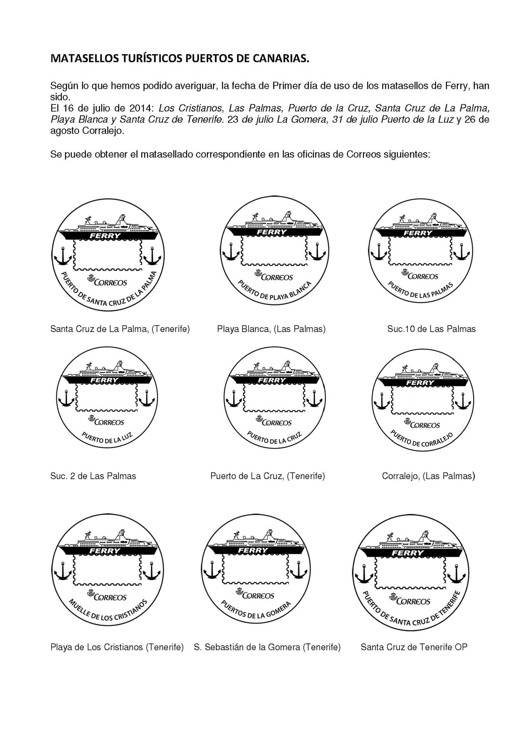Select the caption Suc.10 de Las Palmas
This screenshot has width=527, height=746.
click(431, 329)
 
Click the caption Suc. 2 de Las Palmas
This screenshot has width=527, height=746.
click(93, 476)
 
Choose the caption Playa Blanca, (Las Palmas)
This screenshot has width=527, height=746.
click(271, 329)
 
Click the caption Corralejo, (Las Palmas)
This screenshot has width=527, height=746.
click(428, 476)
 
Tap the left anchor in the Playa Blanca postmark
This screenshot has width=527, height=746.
click(231, 253)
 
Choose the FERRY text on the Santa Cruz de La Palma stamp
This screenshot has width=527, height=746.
click(106, 235)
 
